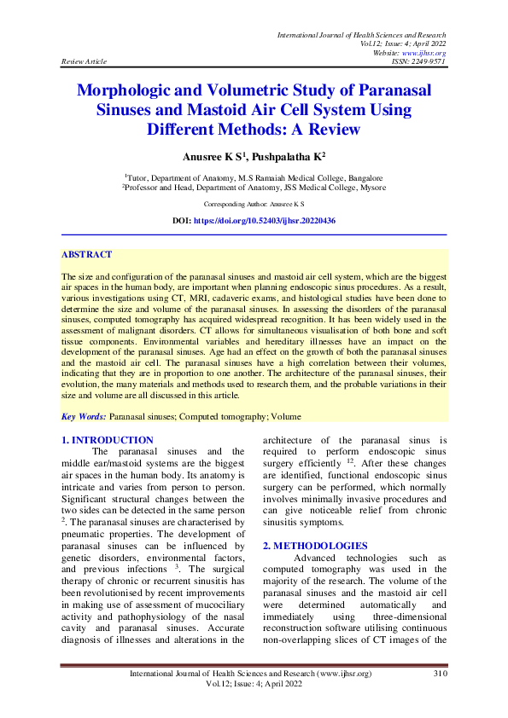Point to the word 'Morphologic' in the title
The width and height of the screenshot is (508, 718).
[x=137, y=90]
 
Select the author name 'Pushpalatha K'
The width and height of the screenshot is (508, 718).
[x=289, y=157]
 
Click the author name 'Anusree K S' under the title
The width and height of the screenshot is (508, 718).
[x=211, y=157]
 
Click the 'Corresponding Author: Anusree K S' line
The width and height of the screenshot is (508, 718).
[x=254, y=205]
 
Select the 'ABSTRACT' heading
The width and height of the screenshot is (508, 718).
[x=86, y=255]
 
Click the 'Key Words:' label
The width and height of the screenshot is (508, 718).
[x=85, y=416]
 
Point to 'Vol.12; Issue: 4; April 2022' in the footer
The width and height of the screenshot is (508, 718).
[x=254, y=684]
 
